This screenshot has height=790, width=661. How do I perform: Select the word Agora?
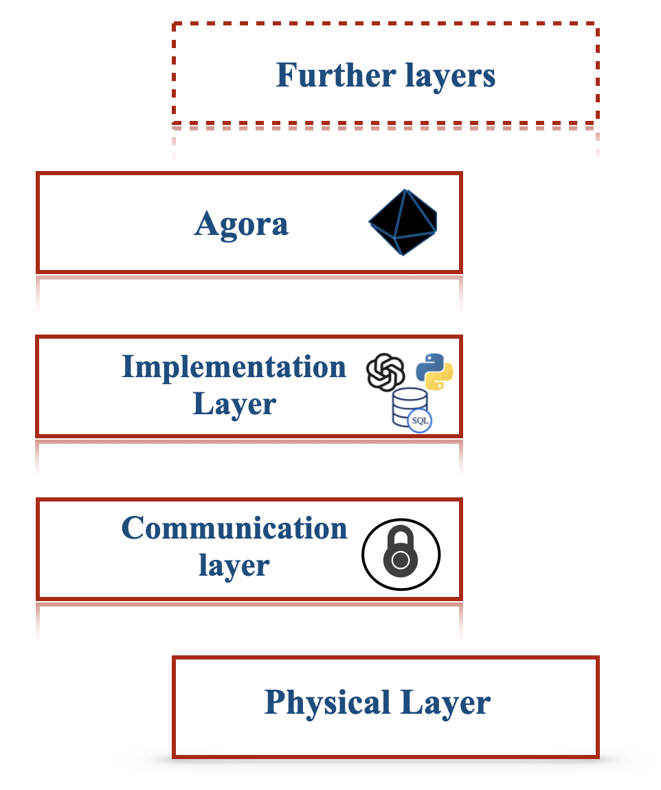click(x=241, y=224)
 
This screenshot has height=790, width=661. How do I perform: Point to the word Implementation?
click(x=234, y=368)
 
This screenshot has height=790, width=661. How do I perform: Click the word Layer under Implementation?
click(x=234, y=404)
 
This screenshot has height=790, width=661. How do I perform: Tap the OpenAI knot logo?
click(x=385, y=372)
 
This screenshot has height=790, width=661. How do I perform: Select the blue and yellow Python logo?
click(x=434, y=372)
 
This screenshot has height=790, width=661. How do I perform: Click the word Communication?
click(x=234, y=529)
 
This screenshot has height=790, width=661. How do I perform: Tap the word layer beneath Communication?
click(x=234, y=565)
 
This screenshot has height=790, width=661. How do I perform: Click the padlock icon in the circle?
click(x=401, y=554)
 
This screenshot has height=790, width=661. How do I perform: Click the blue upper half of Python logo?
click(x=429, y=365)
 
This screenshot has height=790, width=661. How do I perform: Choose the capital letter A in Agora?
click(x=207, y=224)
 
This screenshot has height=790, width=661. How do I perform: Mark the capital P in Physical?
click(x=274, y=703)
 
